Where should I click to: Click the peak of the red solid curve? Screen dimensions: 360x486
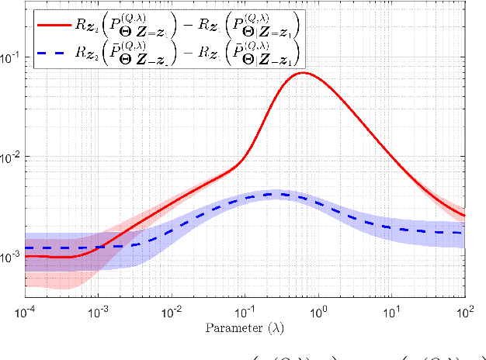point(304,73)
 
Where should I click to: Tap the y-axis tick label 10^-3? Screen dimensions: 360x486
point(12,256)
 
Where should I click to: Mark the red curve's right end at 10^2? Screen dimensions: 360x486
point(464,216)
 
